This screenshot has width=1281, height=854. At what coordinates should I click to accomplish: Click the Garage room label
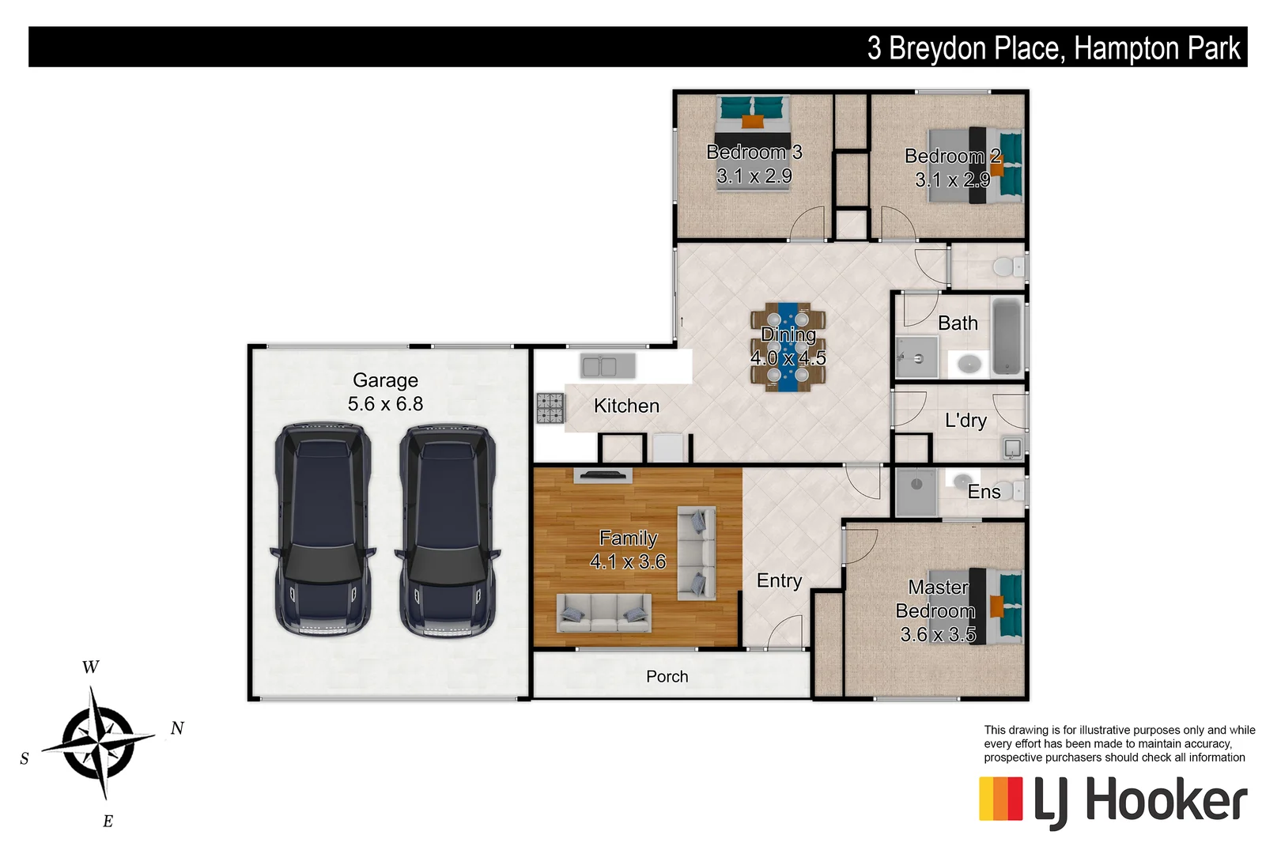tap(385, 380)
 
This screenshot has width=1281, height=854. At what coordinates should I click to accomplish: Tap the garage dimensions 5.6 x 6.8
tap(385, 404)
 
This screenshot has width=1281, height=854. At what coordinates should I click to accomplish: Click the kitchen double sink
tap(607, 366)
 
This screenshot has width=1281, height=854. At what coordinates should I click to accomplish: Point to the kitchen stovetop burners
tap(550, 408)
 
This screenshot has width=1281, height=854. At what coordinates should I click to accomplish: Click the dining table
tap(788, 347)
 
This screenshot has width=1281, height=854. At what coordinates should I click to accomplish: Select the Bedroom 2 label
tap(952, 157)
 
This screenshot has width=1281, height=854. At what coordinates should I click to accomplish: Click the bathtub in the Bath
tap(1007, 336)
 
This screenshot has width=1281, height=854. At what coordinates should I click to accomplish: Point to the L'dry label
tap(965, 421)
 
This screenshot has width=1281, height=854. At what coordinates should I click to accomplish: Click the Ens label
tap(984, 492)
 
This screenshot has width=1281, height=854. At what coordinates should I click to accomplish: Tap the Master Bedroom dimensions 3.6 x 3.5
tap(938, 634)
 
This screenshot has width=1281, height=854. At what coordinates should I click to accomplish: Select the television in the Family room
tap(603, 474)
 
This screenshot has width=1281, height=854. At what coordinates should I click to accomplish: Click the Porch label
tap(667, 677)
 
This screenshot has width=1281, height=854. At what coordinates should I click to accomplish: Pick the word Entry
tap(779, 581)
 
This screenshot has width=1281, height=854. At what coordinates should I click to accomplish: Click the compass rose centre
tap(98, 742)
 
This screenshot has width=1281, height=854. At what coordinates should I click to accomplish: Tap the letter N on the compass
tap(177, 728)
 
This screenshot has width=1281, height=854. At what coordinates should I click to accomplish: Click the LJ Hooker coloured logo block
tap(1000, 799)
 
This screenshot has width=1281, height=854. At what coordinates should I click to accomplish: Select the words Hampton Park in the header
tap(1157, 48)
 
